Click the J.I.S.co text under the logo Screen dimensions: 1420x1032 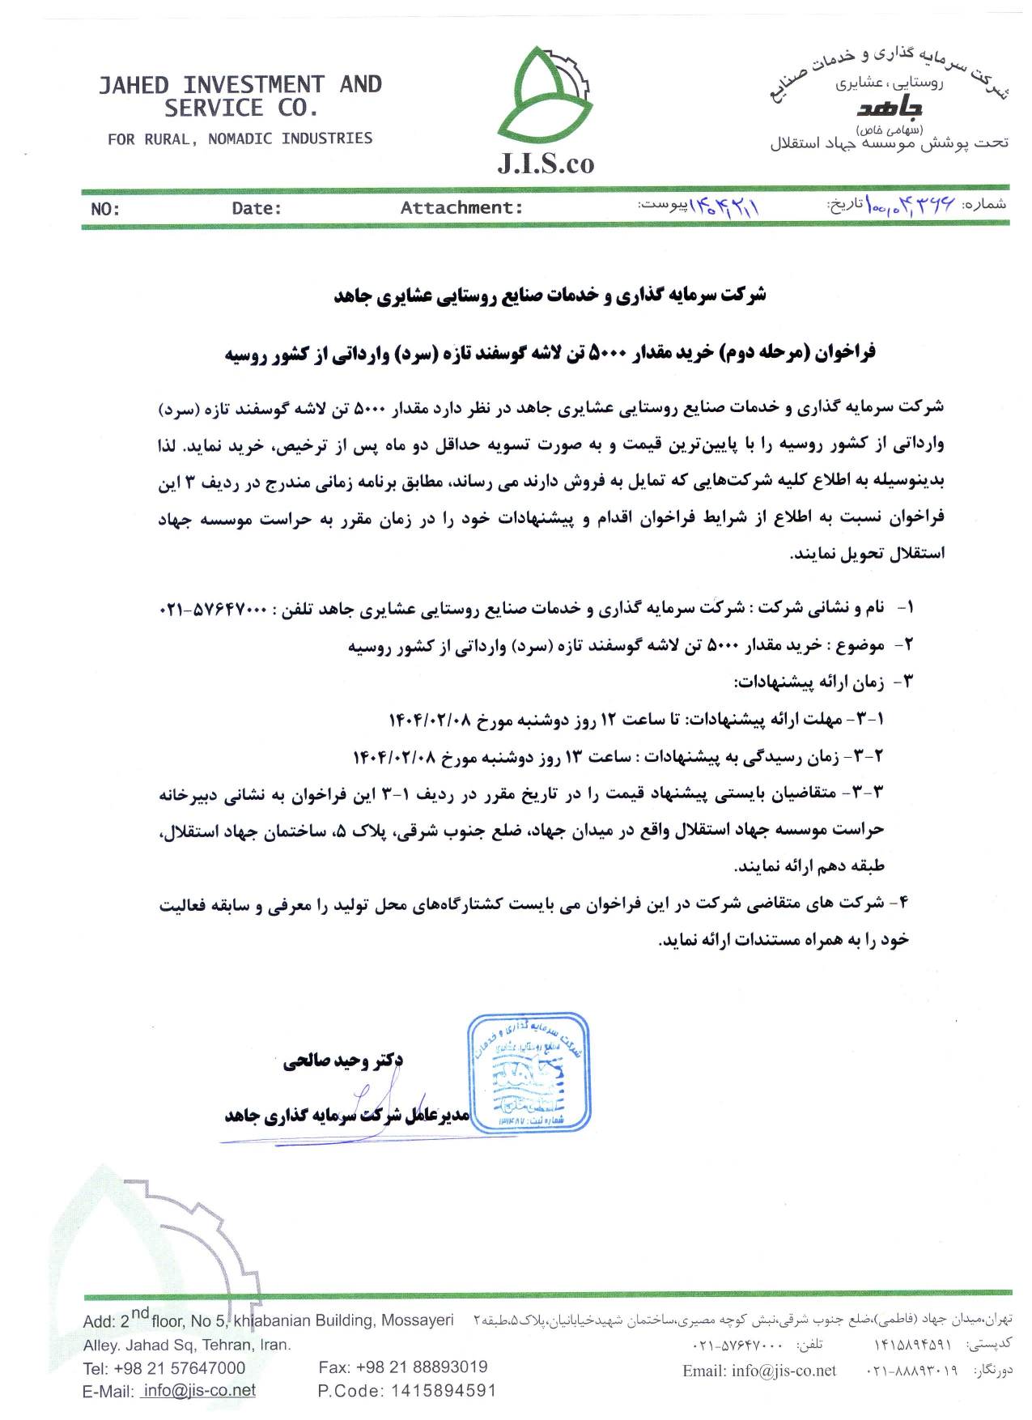545,164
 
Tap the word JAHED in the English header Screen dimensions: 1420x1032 134,85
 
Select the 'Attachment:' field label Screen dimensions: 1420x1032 461,208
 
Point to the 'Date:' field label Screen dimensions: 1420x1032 257,208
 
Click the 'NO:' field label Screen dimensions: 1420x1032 105,209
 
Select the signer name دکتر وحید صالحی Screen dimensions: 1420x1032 342,1061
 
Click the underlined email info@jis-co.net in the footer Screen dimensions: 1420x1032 198,1391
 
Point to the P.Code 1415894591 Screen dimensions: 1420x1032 443,1391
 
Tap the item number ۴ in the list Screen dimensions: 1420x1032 903,903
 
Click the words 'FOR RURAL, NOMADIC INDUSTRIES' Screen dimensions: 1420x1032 240,139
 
